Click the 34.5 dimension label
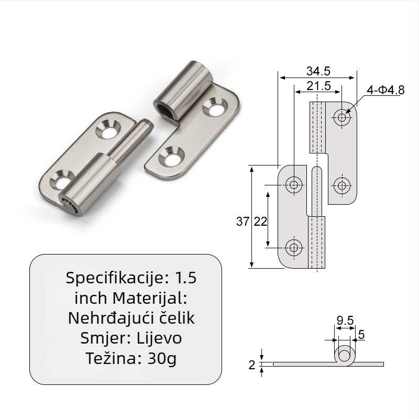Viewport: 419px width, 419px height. click(318, 71)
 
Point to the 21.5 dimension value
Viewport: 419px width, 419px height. click(318, 86)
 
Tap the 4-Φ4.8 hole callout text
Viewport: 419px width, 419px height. click(385, 90)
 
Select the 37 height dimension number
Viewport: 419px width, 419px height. click(242, 221)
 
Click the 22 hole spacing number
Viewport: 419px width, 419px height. click(260, 222)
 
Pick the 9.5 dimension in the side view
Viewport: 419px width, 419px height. click(345, 320)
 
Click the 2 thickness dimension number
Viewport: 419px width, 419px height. click(252, 365)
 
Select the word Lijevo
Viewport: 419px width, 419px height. click(159, 338)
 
